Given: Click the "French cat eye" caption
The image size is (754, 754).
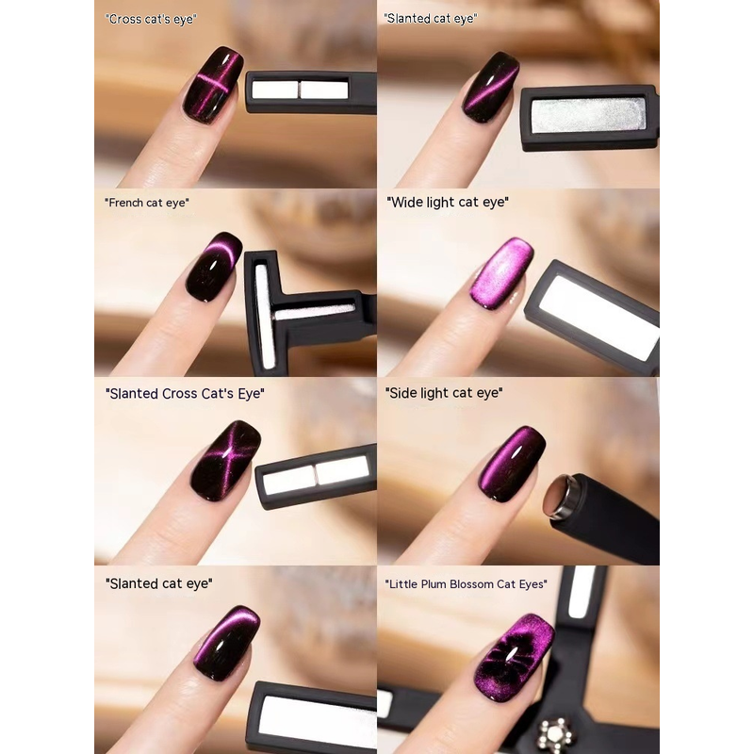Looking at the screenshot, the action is pyautogui.click(x=147, y=203).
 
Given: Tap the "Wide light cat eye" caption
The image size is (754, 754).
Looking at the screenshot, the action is pyautogui.click(x=447, y=202).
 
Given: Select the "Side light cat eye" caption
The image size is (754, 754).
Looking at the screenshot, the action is pyautogui.click(x=444, y=393).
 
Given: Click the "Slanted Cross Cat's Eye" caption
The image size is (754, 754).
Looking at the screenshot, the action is pyautogui.click(x=185, y=393).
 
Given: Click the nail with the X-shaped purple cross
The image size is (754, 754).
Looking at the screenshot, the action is pyautogui.click(x=226, y=461).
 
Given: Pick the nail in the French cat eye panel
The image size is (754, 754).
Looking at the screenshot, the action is pyautogui.click(x=214, y=267).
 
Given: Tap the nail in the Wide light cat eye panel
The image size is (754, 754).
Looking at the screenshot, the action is pyautogui.click(x=502, y=272).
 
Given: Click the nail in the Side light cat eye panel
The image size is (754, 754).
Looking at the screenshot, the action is pyautogui.click(x=512, y=464).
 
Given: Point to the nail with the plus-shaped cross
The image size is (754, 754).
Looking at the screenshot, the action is pyautogui.click(x=213, y=85).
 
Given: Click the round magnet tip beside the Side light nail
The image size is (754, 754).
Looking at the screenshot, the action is pyautogui.click(x=558, y=497).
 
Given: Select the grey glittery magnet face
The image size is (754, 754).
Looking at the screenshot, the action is pyautogui.click(x=588, y=115).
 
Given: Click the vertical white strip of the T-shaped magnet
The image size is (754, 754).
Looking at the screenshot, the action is pyautogui.click(x=262, y=316).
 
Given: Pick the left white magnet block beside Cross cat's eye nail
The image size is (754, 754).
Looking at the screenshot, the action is pyautogui.click(x=275, y=90).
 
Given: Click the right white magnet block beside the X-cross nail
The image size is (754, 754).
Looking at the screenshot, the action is pyautogui.click(x=342, y=469).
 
